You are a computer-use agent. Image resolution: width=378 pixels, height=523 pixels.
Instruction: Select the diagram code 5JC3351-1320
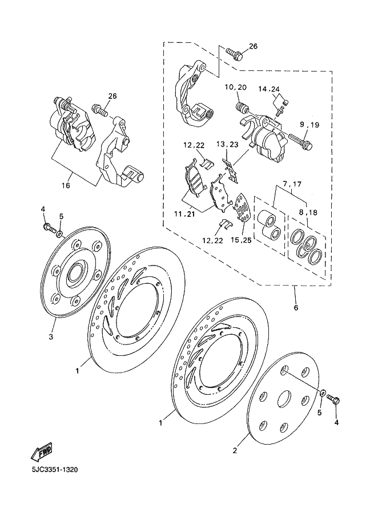(55, 470)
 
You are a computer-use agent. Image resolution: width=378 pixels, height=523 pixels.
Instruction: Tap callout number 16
(66, 185)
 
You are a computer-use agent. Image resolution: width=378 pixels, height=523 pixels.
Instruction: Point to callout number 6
(296, 307)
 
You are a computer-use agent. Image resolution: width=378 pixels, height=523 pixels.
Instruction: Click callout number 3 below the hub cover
(51, 337)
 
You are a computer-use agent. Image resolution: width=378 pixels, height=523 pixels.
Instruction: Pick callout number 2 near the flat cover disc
(235, 451)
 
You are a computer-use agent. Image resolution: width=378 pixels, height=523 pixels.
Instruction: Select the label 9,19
(309, 125)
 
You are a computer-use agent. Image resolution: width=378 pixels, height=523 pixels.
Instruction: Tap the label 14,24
(269, 89)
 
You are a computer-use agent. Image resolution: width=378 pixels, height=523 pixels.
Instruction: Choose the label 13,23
(227, 144)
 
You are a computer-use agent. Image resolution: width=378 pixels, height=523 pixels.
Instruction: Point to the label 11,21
(185, 214)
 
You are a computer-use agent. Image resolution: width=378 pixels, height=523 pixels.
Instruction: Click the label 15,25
(241, 240)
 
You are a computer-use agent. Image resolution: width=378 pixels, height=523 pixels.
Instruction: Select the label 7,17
(292, 184)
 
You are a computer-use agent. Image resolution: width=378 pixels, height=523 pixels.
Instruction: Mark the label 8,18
(308, 212)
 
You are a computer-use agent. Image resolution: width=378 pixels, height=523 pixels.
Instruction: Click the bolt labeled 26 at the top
(235, 55)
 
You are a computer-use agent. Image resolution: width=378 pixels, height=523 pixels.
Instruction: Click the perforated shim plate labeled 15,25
(242, 208)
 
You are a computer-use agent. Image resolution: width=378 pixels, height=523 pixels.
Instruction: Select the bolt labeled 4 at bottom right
(333, 399)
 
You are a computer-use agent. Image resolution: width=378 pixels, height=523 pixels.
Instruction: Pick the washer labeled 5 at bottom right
(323, 393)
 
